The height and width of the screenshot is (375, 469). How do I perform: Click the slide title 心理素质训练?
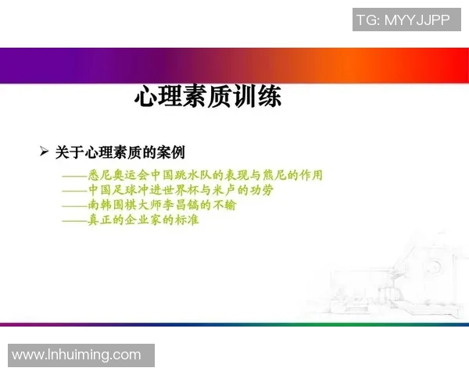[207, 98]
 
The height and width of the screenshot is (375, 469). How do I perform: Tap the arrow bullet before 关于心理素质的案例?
[45, 151]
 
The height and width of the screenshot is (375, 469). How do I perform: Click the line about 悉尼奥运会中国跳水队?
[192, 175]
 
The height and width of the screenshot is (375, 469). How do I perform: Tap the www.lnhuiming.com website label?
[77, 355]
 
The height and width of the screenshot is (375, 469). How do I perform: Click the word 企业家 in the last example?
[145, 220]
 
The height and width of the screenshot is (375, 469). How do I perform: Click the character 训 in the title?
[239, 98]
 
